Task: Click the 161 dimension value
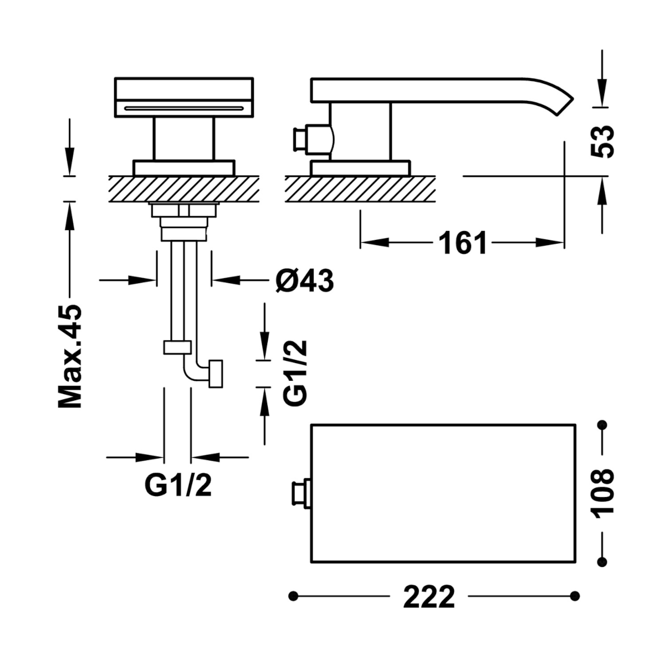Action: [x=462, y=243]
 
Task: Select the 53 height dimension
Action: [x=602, y=141]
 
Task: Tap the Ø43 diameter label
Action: [x=305, y=280]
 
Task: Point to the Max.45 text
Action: [x=70, y=356]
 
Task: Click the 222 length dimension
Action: [x=429, y=596]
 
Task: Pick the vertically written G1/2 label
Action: [x=295, y=372]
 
